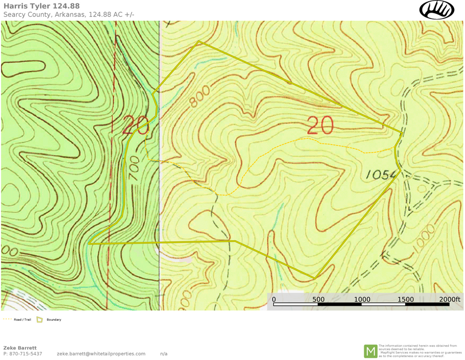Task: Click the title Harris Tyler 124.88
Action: [41, 6]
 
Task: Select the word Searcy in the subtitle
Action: [16, 14]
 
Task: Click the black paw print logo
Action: [437, 10]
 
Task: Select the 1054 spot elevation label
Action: [381, 173]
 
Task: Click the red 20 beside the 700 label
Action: [136, 125]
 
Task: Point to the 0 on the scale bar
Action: [273, 300]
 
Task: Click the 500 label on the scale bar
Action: [318, 300]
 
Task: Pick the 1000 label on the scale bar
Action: [362, 300]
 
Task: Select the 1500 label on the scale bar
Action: [406, 300]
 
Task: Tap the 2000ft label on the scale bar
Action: [449, 300]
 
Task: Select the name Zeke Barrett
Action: [20, 348]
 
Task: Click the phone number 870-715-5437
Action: [26, 354]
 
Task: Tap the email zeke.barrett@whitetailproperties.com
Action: [101, 354]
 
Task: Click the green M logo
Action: [370, 351]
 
